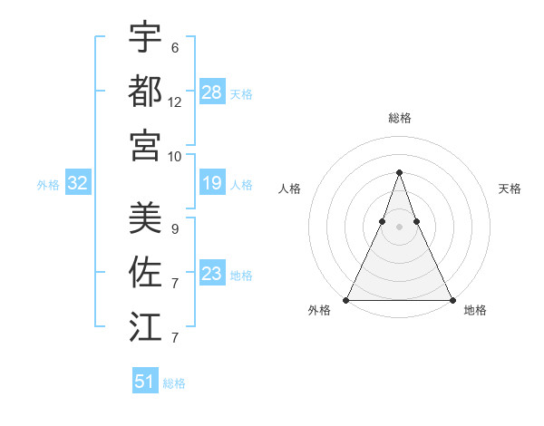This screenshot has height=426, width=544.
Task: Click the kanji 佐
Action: click(145, 270)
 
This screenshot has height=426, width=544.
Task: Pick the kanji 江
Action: click(145, 324)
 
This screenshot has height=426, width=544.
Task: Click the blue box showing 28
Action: click(212, 92)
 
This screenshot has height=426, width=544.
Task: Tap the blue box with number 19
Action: click(212, 184)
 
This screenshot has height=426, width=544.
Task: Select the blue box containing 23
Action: click(212, 274)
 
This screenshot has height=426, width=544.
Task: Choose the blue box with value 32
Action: click(78, 184)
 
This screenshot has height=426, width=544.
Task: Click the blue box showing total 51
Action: click(145, 382)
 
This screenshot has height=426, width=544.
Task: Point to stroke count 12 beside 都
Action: click(175, 102)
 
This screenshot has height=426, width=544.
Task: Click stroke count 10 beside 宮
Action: click(175, 156)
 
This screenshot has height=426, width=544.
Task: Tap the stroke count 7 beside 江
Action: click(175, 338)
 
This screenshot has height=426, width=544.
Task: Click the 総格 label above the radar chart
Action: click(399, 118)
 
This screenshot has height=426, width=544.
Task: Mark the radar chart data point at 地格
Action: click(452, 299)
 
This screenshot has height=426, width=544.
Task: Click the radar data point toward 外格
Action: click(346, 299)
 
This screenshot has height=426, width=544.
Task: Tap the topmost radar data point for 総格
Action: click(399, 172)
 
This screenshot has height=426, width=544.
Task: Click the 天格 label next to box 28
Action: click(241, 93)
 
